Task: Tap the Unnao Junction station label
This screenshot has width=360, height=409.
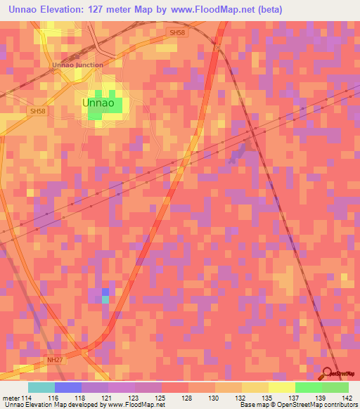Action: pos(77,65)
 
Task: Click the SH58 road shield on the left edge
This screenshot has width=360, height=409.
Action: pos(37,111)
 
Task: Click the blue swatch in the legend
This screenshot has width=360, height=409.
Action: pos(68,387)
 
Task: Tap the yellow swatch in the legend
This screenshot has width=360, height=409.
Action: pos(281,387)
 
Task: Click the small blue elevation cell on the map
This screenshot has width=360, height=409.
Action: pos(105,292)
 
